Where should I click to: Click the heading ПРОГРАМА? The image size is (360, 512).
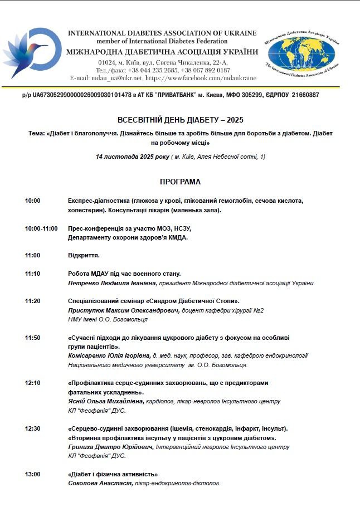click(x=180, y=182)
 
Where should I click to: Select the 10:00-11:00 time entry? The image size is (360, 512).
click(x=41, y=228)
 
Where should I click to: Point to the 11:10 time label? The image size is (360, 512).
click(x=32, y=274)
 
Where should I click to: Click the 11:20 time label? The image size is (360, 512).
click(x=32, y=301)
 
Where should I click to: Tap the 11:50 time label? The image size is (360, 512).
click(x=32, y=338)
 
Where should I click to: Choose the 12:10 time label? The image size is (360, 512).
click(x=32, y=383)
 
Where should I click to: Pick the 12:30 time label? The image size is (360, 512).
click(x=32, y=428)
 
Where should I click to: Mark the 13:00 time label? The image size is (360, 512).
click(x=32, y=474)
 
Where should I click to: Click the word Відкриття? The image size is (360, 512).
click(x=84, y=256)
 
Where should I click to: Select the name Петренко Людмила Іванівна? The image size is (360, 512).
click(x=111, y=283)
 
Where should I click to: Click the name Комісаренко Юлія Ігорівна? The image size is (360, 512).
click(x=109, y=356)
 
